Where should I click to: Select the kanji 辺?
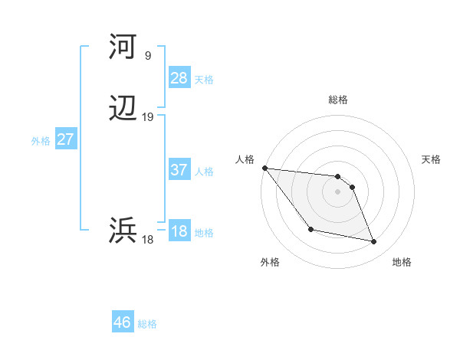(123, 110)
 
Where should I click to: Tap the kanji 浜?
(123, 230)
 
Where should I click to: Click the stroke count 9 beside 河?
(147, 55)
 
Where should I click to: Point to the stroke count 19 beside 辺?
(147, 117)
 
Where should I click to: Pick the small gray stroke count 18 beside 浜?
(147, 240)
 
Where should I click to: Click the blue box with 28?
(179, 77)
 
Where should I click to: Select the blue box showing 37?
(179, 170)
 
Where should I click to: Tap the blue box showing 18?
(179, 231)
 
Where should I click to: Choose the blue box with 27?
(65, 139)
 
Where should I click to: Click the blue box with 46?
(122, 322)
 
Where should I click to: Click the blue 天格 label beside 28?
(204, 79)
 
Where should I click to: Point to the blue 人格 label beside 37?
(204, 172)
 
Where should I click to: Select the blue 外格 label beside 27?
(41, 141)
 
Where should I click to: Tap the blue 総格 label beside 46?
(147, 324)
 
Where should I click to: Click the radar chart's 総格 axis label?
(337, 100)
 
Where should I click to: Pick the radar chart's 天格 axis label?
(431, 159)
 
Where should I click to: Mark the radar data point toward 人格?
(264, 168)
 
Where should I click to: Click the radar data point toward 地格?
(374, 242)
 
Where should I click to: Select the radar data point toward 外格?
(310, 229)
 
